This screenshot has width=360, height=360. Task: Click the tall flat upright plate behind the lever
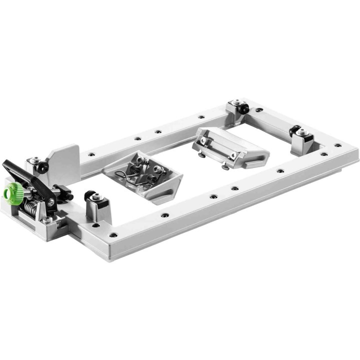(64, 157)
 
